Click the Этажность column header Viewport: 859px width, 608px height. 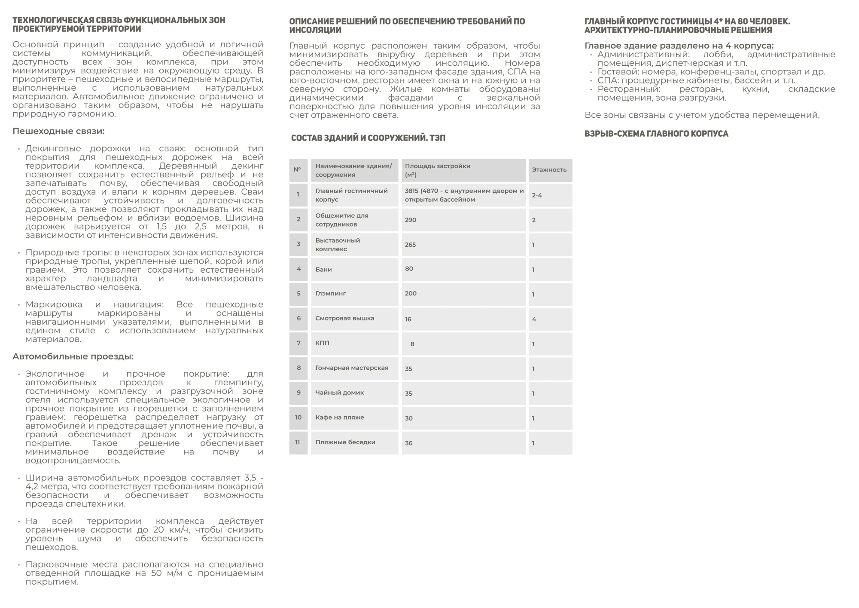[x=549, y=170]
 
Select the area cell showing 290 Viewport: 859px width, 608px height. [x=411, y=220]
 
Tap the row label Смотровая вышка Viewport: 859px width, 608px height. [x=344, y=319]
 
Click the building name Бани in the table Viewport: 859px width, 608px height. [x=323, y=270]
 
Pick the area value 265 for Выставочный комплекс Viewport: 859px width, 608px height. [x=411, y=245]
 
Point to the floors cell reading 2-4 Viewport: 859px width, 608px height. [x=537, y=195]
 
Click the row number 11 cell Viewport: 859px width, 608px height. [x=298, y=442]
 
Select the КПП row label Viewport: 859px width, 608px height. [x=322, y=343]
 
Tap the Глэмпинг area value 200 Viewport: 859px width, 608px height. [x=411, y=294]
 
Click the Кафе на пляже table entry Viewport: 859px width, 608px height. [x=339, y=418]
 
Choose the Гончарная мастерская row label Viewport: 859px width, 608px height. [x=352, y=368]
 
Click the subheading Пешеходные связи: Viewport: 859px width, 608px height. [x=58, y=131]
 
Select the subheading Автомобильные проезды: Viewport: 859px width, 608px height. [x=73, y=356]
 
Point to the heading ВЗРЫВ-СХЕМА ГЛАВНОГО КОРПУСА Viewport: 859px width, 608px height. [x=656, y=134]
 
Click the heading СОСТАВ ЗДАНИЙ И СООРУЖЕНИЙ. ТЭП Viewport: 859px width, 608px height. [x=368, y=138]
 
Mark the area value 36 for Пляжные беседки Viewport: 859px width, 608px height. [x=408, y=443]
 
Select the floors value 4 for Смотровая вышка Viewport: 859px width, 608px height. [x=534, y=319]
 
